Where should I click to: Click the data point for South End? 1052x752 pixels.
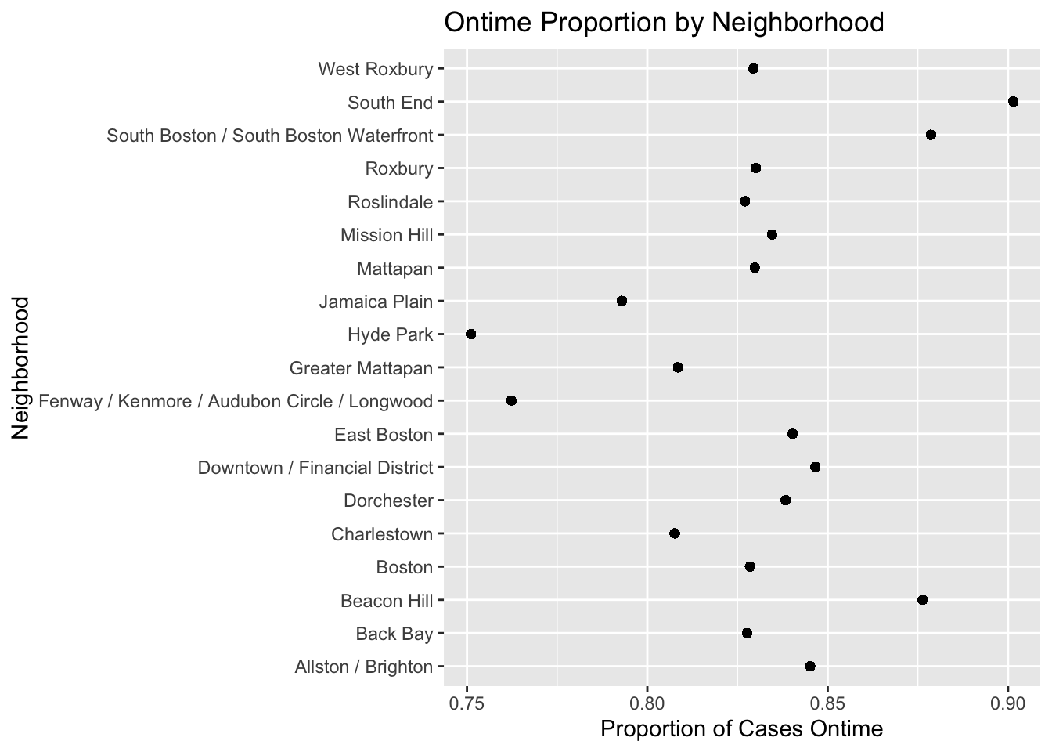point(1013,102)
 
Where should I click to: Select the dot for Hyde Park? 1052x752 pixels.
point(470,334)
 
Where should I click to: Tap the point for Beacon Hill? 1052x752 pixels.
point(922,600)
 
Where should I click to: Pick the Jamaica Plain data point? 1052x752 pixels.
point(621,301)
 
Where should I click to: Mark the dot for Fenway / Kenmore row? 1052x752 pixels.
point(511,401)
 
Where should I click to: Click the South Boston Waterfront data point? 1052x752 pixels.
point(931,135)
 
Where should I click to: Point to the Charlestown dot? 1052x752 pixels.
point(675,533)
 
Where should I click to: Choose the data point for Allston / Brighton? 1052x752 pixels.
point(810,667)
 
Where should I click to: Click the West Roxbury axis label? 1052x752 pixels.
point(375,69)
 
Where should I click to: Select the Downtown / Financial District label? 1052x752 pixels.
point(315,468)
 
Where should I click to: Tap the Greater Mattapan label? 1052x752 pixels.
point(361,368)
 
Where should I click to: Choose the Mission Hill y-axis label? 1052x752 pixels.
point(387,235)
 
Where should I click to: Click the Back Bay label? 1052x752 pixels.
point(394,634)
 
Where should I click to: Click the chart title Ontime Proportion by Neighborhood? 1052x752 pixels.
point(664,22)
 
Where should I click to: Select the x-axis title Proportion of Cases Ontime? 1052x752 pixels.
point(741,729)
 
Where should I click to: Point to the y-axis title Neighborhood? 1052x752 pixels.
point(20,367)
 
